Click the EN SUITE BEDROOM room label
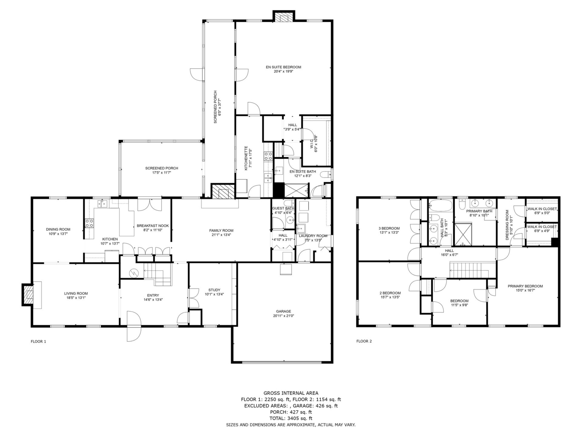point(283,67)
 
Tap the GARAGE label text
point(283,311)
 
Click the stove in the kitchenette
point(268,156)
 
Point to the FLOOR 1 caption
point(38,341)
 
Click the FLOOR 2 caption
point(364,341)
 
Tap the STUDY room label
point(214,290)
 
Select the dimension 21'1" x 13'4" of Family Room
point(221,235)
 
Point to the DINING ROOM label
point(58,229)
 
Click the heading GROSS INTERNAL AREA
point(291,393)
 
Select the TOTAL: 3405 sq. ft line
point(291,418)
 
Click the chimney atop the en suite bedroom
point(284,17)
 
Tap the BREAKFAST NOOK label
point(153,226)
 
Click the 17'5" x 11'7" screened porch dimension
point(162,172)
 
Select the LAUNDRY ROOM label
point(313,236)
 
